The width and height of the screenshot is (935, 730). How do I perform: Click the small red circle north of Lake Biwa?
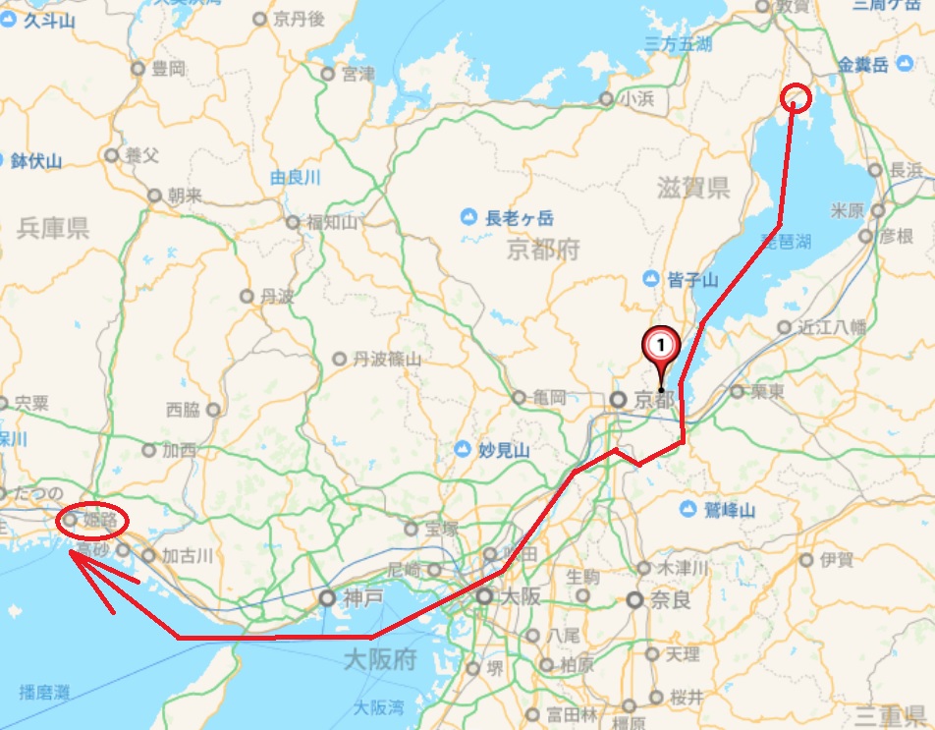coord(797,97)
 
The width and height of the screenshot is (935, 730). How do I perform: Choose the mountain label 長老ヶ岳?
coord(518,217)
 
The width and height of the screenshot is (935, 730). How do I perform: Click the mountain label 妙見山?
coord(505,450)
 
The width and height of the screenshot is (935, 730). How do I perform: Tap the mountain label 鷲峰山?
coord(729,510)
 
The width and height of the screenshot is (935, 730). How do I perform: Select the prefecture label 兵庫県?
coord(53,230)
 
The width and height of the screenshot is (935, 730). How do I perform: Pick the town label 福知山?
coord(332,222)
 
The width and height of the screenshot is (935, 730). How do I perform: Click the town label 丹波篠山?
coord(387,360)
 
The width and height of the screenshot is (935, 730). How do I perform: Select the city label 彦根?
coord(896,236)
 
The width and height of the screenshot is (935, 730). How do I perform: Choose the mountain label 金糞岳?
coord(863,66)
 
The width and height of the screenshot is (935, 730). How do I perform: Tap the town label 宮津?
coord(357,74)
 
